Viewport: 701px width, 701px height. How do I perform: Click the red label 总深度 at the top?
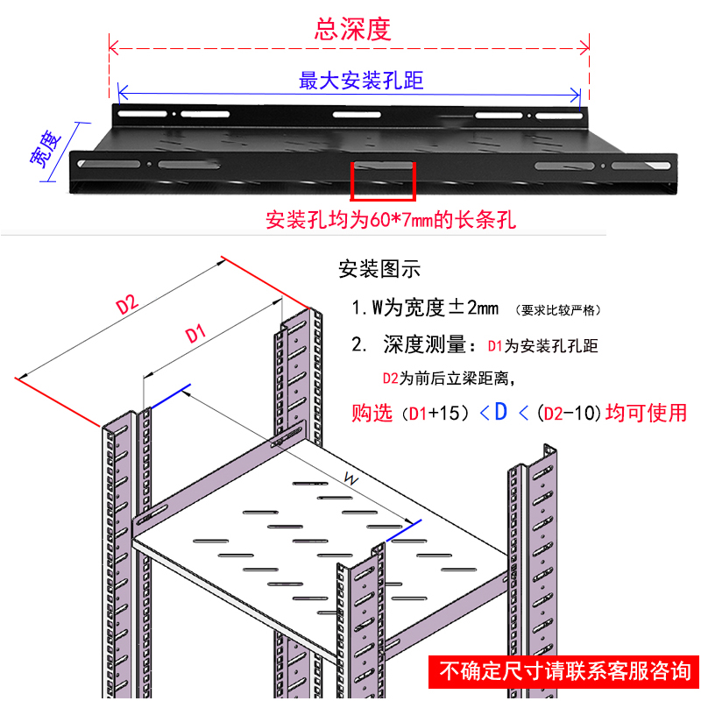(351, 30)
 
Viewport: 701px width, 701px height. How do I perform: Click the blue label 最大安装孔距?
(361, 81)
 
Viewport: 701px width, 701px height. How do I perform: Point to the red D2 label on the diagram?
(128, 305)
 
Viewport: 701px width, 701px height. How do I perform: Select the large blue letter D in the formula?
(501, 411)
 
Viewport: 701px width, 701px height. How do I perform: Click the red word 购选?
(372, 414)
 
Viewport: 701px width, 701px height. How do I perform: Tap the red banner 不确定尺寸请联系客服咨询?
(564, 672)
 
